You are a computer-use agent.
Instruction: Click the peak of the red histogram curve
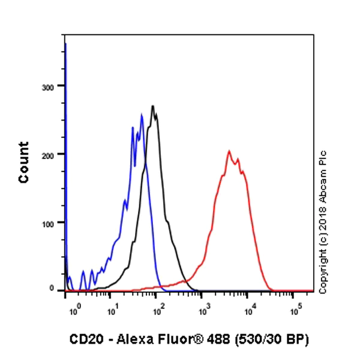tap(229, 151)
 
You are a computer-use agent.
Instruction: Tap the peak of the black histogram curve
tap(154, 106)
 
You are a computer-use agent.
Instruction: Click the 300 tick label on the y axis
tap(48, 86)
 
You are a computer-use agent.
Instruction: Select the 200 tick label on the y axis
tap(48, 155)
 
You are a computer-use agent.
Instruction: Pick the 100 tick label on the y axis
tap(48, 223)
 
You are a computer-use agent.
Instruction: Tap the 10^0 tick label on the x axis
tap(74, 311)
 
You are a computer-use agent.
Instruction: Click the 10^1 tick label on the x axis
tap(112, 311)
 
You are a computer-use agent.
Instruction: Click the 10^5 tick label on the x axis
tap(296, 311)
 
